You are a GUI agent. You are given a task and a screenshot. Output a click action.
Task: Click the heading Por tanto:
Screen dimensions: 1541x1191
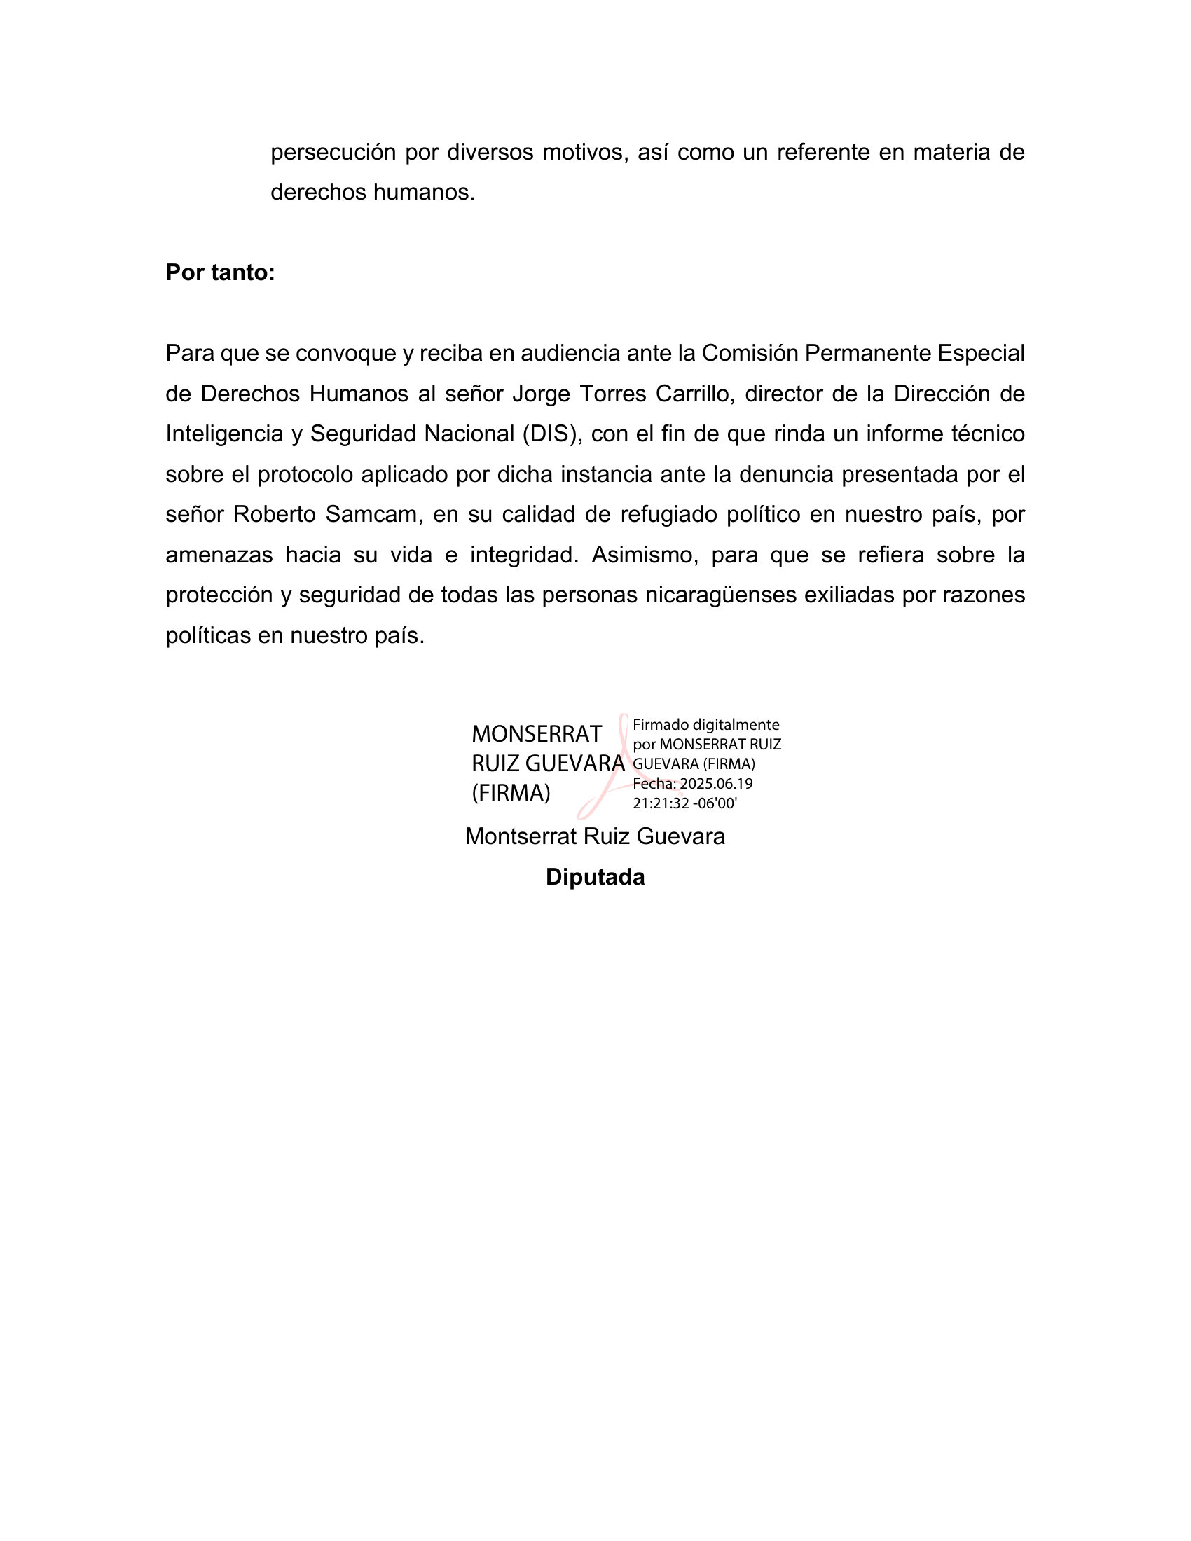click(220, 272)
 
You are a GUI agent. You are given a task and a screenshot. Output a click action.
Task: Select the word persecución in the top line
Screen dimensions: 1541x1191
click(333, 153)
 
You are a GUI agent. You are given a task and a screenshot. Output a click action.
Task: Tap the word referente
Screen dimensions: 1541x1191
click(822, 153)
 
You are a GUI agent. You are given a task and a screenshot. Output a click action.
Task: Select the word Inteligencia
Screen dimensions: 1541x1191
click(224, 434)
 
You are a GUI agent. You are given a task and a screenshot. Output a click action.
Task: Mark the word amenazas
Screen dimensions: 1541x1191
click(219, 555)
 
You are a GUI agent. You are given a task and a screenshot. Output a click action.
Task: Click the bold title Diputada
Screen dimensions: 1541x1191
click(595, 877)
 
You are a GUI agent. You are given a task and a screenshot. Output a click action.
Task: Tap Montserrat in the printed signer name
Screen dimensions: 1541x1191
click(521, 837)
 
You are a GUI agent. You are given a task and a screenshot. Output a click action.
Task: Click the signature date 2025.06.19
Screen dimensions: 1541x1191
click(716, 784)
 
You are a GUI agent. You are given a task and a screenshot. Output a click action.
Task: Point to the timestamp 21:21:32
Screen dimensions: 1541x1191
click(661, 803)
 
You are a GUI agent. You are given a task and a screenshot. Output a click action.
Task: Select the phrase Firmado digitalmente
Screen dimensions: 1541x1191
click(705, 725)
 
